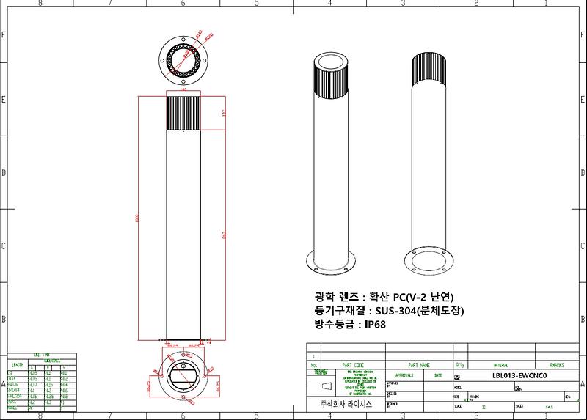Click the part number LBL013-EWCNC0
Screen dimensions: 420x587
[x=519, y=375]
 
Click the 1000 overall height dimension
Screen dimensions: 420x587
[x=138, y=220]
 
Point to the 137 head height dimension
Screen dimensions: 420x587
[x=222, y=113]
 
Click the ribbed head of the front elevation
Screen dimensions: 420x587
[x=184, y=114]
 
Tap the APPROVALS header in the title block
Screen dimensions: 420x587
[x=404, y=375]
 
